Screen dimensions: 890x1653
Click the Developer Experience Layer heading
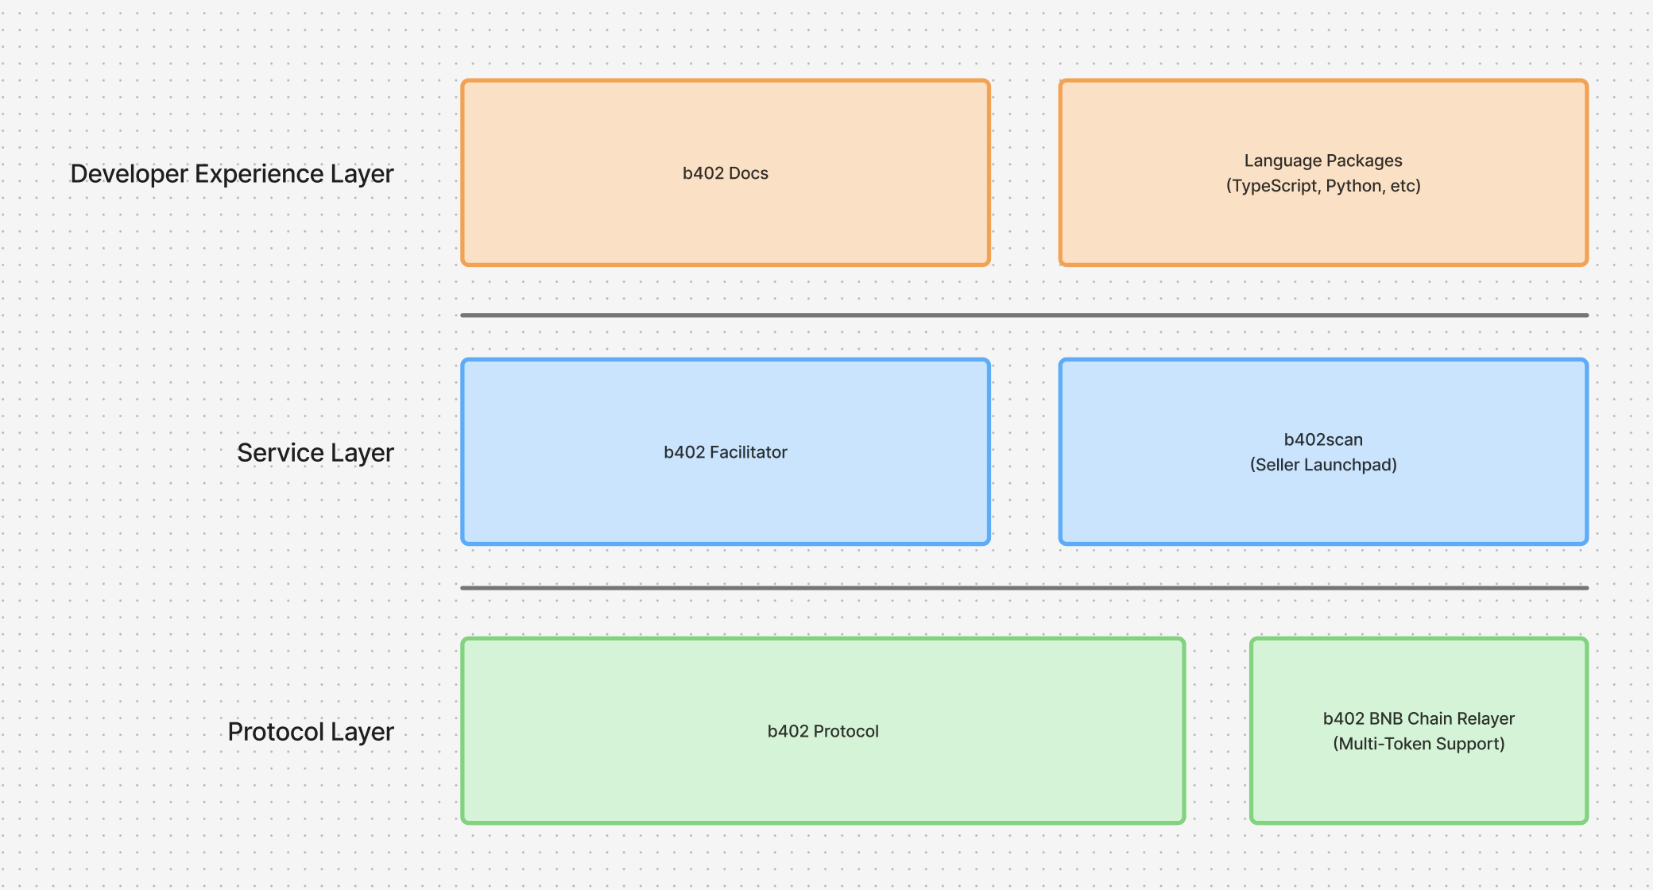[x=231, y=174]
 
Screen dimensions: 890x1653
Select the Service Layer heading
[x=315, y=453]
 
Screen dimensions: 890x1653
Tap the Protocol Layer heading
[x=310, y=732]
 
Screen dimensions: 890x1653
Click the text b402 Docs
[x=725, y=173]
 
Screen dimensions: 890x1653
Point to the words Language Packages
[x=1323, y=161]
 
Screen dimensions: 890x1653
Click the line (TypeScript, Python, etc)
[x=1323, y=186]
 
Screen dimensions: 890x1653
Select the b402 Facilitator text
[x=725, y=452]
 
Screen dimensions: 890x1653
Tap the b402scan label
[x=1323, y=439]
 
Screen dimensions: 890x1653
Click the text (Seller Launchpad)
[x=1323, y=465]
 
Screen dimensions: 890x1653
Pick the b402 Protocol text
[x=823, y=731]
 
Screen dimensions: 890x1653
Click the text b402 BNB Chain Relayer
[x=1419, y=718]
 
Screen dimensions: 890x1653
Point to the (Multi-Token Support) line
[x=1419, y=744]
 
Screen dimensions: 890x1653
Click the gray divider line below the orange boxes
[x=1024, y=315]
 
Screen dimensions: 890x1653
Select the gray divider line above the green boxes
[x=1024, y=588]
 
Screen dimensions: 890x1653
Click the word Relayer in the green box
[x=1485, y=718]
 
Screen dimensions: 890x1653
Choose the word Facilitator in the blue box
[x=748, y=452]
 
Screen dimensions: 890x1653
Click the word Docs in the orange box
[x=749, y=173]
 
